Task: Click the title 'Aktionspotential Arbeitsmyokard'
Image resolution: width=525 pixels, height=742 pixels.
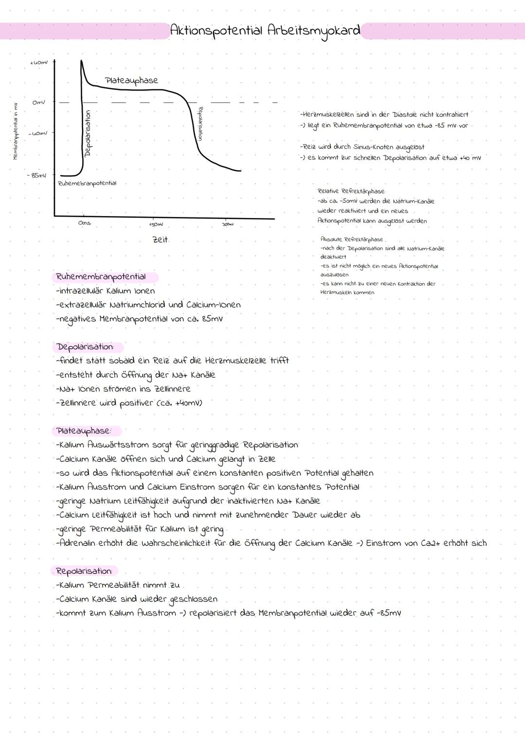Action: pos(265,31)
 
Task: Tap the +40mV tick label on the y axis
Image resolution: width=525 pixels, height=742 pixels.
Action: pos(39,62)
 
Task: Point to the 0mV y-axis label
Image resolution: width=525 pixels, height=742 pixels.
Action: pos(39,103)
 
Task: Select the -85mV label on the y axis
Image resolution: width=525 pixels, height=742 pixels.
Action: pos(37,175)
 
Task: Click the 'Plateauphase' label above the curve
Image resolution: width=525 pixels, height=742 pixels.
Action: pos(131,80)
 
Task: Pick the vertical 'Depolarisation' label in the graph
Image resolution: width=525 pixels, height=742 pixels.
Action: pos(88,133)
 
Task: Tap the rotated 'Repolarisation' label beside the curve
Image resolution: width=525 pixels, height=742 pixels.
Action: pos(200,124)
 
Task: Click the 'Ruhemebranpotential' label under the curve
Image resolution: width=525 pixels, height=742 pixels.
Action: pos(87,183)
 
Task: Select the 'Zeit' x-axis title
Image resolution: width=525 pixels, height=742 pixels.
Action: pos(160,239)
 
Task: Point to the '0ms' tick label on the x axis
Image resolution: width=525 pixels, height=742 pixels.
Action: pos(85,223)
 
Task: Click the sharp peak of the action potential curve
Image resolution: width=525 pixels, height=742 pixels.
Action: pos(81,61)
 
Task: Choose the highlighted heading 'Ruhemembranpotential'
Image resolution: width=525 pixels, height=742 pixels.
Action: pos(101,277)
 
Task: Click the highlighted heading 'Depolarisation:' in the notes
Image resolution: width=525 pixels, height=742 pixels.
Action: pos(85,347)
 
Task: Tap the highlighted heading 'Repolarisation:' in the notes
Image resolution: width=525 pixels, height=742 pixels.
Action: pos(84,571)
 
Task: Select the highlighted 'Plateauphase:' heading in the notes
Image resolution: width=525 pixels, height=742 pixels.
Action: pos(84,431)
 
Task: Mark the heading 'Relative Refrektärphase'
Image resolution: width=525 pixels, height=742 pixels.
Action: pos(350,191)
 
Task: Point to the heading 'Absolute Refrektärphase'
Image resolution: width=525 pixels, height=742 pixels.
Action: pos(351,239)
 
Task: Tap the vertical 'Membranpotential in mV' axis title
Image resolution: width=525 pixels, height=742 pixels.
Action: pos(15,131)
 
